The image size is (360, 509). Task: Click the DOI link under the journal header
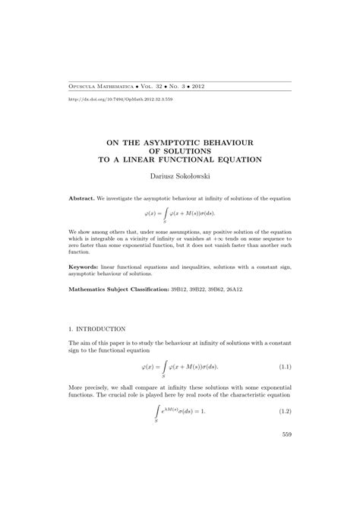[110, 100]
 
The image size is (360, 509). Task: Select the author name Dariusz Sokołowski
[179, 175]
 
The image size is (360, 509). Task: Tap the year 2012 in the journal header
[200, 87]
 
